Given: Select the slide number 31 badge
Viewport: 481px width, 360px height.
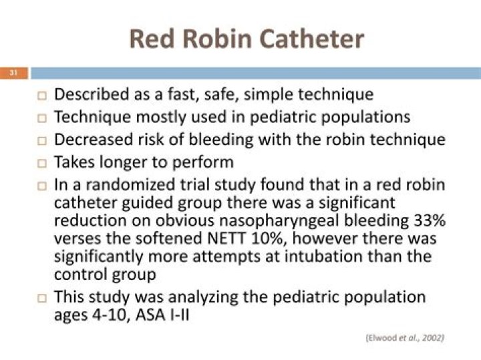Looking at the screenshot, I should tap(12, 73).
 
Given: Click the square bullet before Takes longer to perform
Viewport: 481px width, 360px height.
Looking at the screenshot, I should tap(41, 162).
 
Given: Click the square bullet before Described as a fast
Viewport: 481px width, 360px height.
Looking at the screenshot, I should tap(41, 96).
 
